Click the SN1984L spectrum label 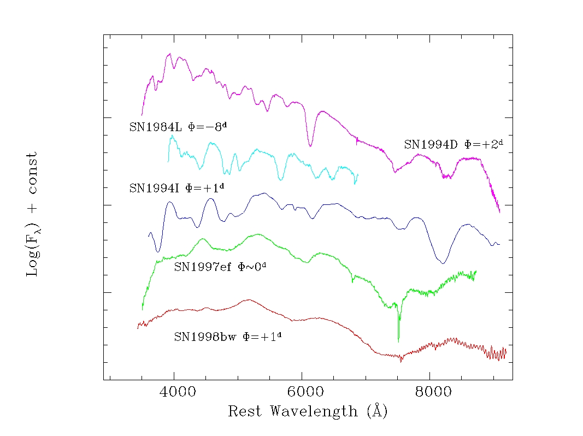(178, 127)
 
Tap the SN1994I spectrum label (177, 188)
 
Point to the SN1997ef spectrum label (223, 267)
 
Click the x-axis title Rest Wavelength (308, 411)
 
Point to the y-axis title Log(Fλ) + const (33, 214)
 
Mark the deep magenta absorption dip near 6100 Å (310, 145)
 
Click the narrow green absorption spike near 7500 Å (398, 340)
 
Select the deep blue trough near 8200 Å (443, 263)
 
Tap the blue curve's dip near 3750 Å (158, 251)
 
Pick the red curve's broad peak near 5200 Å (249, 299)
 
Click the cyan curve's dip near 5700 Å (281, 179)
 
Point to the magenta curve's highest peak (169, 54)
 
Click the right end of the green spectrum (476, 271)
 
